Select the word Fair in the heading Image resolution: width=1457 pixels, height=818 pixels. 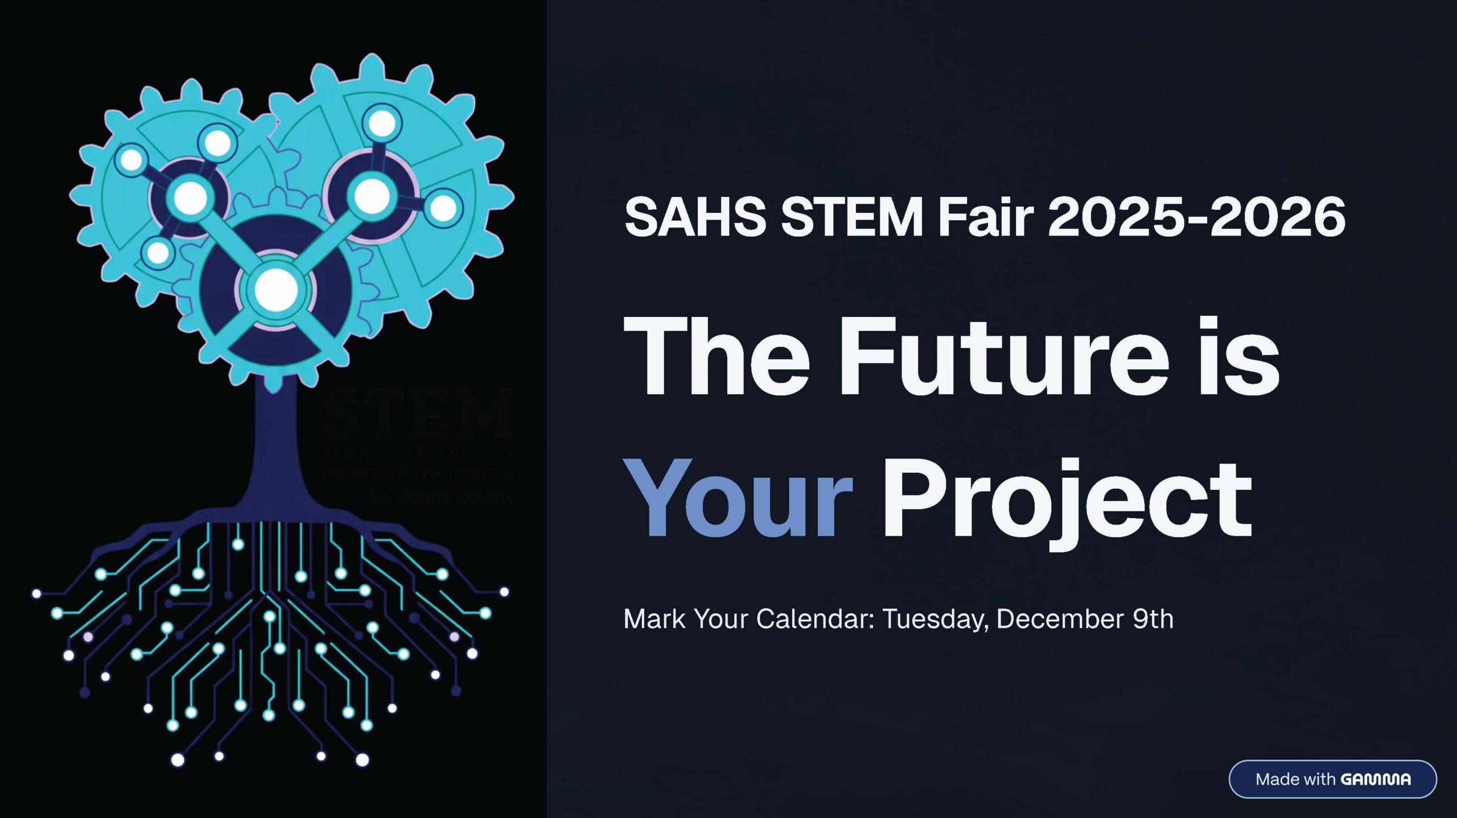(x=985, y=217)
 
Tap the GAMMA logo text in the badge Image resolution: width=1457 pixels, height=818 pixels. (x=1376, y=779)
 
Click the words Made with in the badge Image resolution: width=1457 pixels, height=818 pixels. (x=1295, y=779)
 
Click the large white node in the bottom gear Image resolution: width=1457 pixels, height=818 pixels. (x=276, y=290)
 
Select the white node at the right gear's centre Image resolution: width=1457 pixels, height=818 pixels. (x=372, y=196)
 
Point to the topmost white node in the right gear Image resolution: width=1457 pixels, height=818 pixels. (x=382, y=123)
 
